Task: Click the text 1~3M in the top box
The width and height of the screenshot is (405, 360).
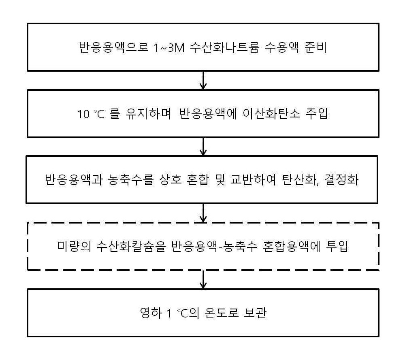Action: tap(169, 47)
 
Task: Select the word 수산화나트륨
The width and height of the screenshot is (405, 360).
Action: tap(224, 47)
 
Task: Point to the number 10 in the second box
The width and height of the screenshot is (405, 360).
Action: tap(84, 114)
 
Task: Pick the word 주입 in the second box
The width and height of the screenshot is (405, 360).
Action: tap(317, 114)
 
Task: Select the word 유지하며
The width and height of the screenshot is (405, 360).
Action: tap(148, 114)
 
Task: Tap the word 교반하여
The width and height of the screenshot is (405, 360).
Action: tap(253, 180)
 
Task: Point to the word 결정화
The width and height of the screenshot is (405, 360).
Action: tap(342, 180)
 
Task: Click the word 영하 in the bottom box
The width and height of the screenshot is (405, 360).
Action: tap(151, 313)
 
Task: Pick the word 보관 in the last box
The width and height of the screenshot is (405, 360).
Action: tap(255, 313)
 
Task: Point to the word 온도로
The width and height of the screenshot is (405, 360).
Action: tap(221, 313)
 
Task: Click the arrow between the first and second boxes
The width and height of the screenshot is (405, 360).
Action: tap(203, 80)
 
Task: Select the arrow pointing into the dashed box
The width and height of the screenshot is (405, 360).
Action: tap(203, 213)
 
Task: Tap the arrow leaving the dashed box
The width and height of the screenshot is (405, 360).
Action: tap(203, 279)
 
